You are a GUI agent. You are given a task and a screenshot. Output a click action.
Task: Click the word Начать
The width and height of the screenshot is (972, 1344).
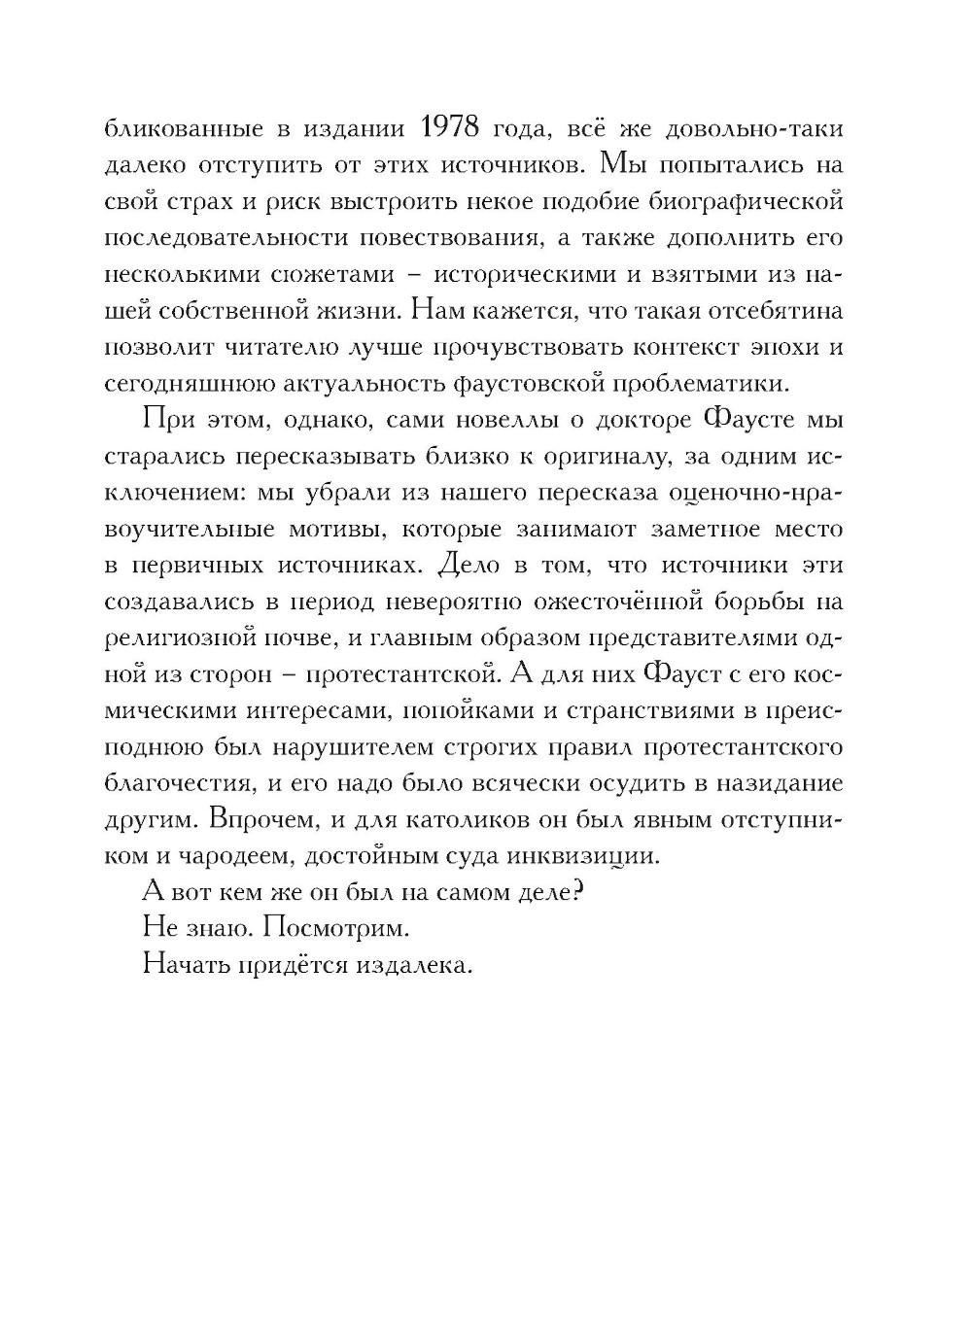pos(182,964)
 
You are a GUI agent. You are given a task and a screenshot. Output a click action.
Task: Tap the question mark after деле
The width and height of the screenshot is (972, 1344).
pos(576,891)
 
